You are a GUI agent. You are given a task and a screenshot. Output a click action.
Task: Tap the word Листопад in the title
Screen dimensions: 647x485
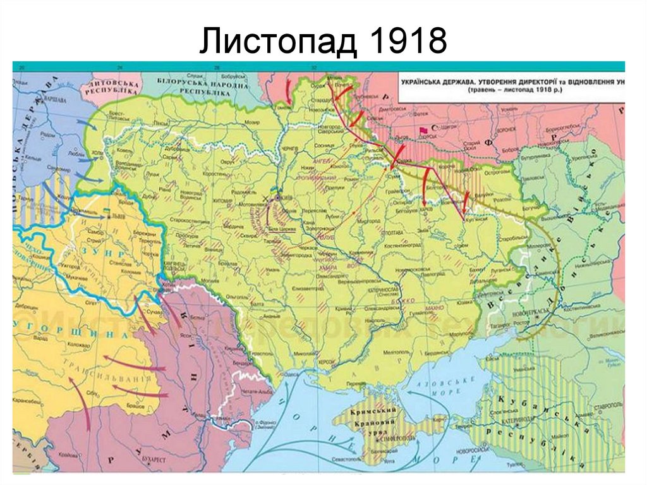tap(277, 42)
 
